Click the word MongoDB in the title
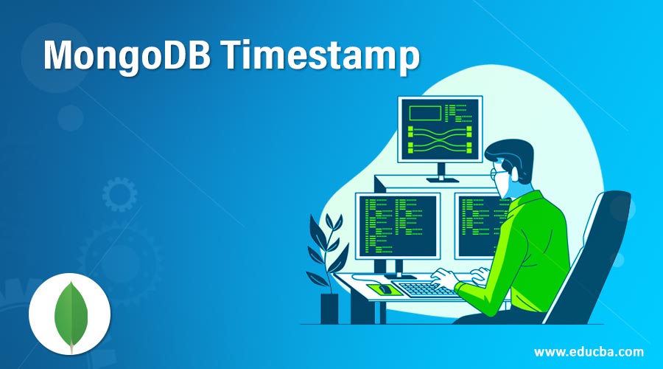point(127,56)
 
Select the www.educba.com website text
point(589,351)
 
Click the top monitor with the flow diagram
point(441,129)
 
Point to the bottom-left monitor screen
point(398,226)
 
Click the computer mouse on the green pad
point(385,289)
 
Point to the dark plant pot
point(329,308)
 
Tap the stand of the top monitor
point(442,173)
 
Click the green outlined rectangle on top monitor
point(425,113)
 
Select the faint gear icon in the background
point(119,194)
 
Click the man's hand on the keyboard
point(443,278)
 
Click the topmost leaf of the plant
point(331,221)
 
